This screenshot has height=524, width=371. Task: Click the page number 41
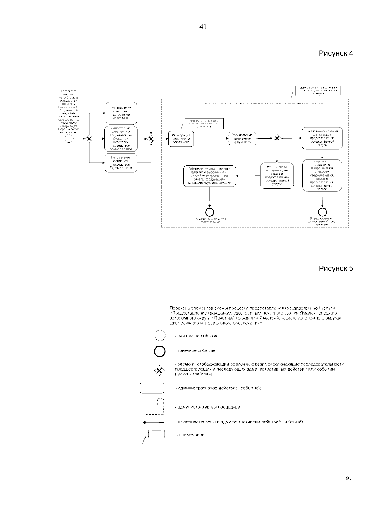[x=203, y=27]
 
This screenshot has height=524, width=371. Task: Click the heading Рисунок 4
[x=336, y=53]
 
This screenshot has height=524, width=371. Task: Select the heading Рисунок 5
[x=336, y=268]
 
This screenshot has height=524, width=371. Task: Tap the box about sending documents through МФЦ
[x=121, y=113]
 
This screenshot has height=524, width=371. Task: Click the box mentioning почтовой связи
[x=121, y=139]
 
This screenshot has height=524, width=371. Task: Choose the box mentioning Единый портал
[x=121, y=163]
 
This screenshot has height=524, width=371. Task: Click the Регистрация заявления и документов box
[x=181, y=139]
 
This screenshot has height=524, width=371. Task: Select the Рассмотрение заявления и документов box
[x=242, y=139]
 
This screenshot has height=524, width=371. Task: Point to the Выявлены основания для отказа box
[x=322, y=138]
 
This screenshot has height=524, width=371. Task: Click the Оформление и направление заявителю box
[x=210, y=176]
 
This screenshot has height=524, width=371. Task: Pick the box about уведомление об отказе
[x=322, y=175]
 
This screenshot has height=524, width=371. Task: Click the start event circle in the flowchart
[x=69, y=139]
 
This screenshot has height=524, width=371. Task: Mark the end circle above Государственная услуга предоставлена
[x=210, y=212]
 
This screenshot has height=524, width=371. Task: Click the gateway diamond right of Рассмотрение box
[x=277, y=139]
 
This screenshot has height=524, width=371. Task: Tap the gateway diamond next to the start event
[x=89, y=139]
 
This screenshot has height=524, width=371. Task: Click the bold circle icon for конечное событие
[x=160, y=351]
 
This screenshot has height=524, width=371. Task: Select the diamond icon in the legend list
[x=159, y=370]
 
